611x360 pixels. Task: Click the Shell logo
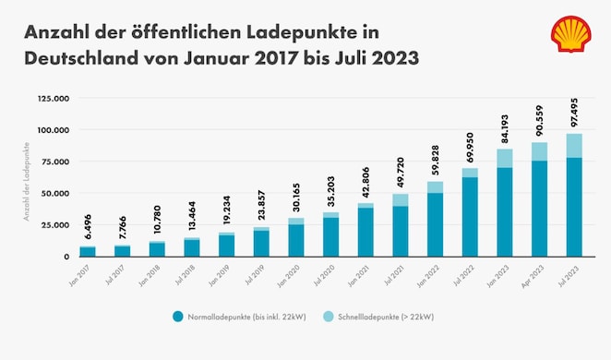(x=571, y=34)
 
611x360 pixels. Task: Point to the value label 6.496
(x=87, y=226)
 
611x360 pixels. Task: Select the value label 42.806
(x=365, y=182)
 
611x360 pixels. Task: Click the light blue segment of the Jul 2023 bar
(x=574, y=146)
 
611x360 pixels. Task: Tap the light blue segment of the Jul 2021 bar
(x=400, y=199)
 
